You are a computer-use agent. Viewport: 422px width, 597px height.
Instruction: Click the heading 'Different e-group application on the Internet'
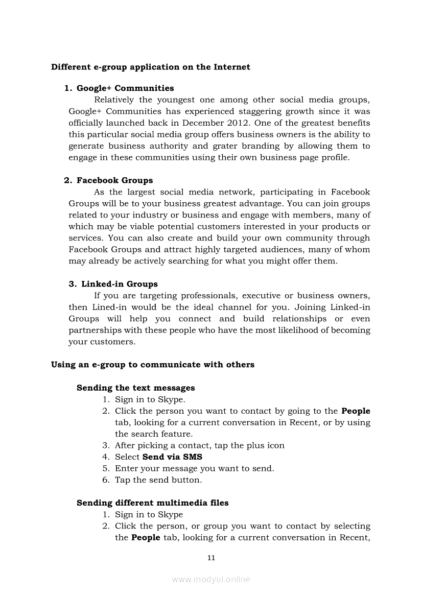click(151, 67)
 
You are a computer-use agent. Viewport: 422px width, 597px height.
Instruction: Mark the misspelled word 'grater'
click(222, 146)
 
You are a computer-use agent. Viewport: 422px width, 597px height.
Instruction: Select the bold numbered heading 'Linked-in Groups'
click(120, 284)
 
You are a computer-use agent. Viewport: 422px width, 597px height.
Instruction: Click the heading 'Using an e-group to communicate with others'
click(153, 365)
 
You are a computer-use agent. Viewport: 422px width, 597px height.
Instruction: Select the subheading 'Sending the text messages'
click(136, 388)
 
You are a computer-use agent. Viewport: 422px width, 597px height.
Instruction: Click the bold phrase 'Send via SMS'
click(173, 457)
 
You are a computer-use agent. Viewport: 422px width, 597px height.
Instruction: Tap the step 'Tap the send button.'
click(158, 480)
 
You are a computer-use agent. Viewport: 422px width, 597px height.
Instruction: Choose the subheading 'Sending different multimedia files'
click(153, 503)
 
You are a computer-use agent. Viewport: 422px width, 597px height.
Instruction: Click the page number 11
click(211, 558)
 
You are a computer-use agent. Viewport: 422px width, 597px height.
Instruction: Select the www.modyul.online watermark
click(211, 579)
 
